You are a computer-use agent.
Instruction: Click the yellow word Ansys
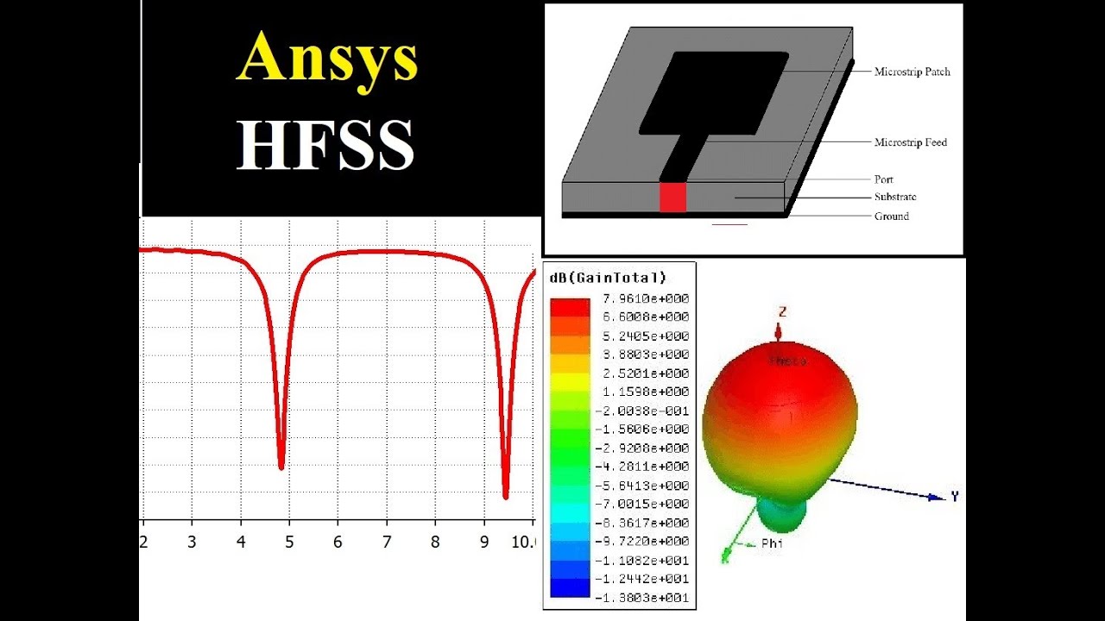point(327,59)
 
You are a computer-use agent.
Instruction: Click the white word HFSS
point(326,144)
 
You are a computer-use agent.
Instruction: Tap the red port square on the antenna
point(672,197)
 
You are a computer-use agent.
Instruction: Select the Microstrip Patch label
point(912,72)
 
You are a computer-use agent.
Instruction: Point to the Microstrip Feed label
point(910,142)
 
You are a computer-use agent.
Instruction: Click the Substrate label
point(895,198)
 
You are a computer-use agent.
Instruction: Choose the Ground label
point(892,216)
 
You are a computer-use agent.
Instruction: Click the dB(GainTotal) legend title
point(608,277)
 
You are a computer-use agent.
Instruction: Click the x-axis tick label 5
point(290,543)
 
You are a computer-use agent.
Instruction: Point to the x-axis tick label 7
point(387,543)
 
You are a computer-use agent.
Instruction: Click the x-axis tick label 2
point(143,543)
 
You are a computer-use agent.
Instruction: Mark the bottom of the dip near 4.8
point(281,466)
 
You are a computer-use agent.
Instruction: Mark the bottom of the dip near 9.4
point(506,495)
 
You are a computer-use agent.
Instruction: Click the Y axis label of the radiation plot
point(955,496)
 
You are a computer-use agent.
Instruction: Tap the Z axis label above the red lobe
point(782,311)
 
